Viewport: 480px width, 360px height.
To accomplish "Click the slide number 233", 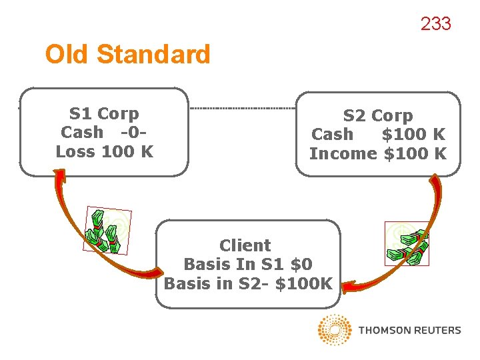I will click(x=435, y=24).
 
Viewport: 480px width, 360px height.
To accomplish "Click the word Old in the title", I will click(x=68, y=54).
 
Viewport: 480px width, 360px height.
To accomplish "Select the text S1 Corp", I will click(x=104, y=113).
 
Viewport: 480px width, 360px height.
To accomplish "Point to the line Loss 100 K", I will click(x=105, y=151).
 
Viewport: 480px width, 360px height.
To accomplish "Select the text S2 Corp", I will click(x=378, y=115).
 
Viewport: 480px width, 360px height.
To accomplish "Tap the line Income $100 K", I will click(x=378, y=153).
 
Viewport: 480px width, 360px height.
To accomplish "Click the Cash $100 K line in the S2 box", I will click(x=378, y=134).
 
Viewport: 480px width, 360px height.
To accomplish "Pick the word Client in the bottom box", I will click(x=245, y=245).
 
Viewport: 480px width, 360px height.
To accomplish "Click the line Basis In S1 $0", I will click(x=247, y=264).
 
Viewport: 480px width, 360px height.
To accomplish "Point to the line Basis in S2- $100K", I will click(x=247, y=283).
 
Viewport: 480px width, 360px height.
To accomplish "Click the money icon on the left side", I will click(x=107, y=231).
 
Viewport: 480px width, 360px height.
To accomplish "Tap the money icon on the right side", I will click(x=407, y=244).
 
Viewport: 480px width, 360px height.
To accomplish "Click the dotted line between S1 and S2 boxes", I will click(x=243, y=107).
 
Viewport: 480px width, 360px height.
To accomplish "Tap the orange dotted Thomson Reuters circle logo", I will click(x=335, y=330).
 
